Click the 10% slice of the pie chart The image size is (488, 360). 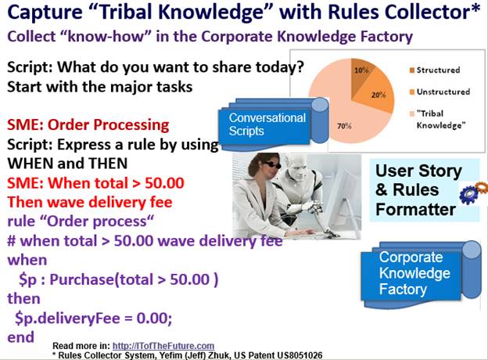361,75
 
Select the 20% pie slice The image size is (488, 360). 377,92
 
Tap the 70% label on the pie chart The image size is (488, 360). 344,126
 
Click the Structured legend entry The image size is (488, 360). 435,70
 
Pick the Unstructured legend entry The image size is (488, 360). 440,92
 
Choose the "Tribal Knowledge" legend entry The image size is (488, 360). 438,119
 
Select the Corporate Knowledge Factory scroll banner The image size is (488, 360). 421,274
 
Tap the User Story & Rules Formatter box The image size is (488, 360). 425,190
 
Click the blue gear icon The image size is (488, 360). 468,194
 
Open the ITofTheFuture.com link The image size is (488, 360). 163,346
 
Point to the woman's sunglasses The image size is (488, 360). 271,165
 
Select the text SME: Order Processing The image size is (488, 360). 88,125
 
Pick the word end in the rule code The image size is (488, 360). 20,337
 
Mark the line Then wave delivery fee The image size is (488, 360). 90,203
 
